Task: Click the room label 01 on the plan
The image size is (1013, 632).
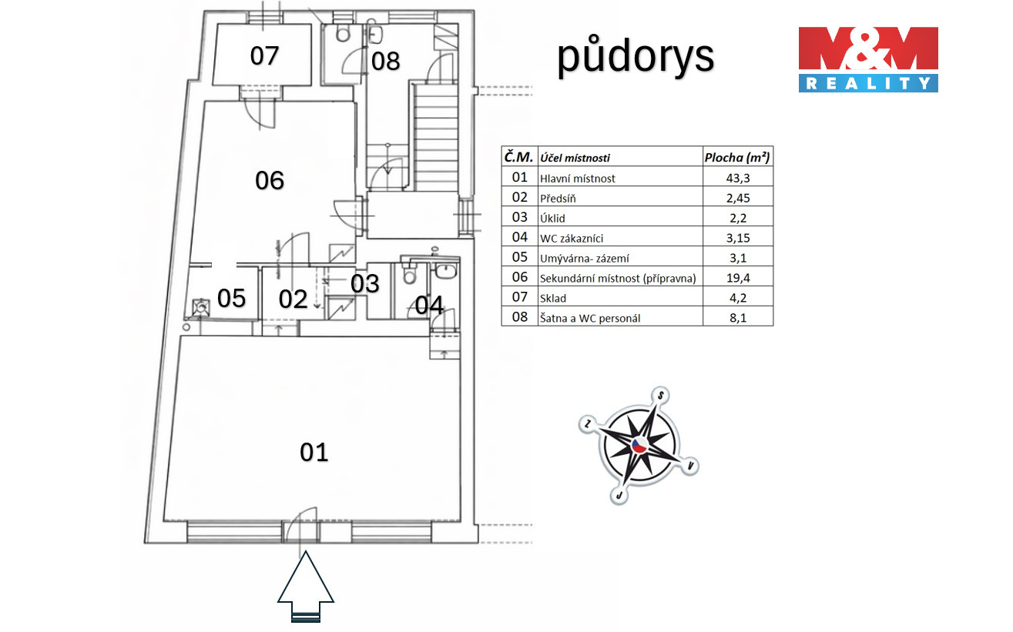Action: (314, 452)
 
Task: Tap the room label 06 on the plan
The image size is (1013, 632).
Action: (270, 180)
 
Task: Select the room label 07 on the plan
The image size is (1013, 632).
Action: (264, 55)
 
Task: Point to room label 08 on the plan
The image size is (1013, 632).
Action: (386, 61)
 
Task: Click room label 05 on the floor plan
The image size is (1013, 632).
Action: (231, 298)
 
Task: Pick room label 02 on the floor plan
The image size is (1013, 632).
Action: (294, 299)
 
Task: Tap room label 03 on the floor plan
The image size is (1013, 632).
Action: (365, 283)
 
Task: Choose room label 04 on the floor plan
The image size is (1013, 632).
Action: (429, 306)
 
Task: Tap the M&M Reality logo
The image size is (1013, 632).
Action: (867, 59)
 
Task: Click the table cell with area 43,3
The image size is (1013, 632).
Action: (737, 178)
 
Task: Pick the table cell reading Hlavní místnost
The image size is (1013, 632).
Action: (578, 178)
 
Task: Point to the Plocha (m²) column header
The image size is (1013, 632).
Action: (737, 157)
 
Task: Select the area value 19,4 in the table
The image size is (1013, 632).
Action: (737, 277)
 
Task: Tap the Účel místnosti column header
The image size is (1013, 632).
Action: (575, 158)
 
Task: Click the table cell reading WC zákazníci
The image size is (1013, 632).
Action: (572, 238)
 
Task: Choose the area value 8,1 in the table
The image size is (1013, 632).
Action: (737, 317)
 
